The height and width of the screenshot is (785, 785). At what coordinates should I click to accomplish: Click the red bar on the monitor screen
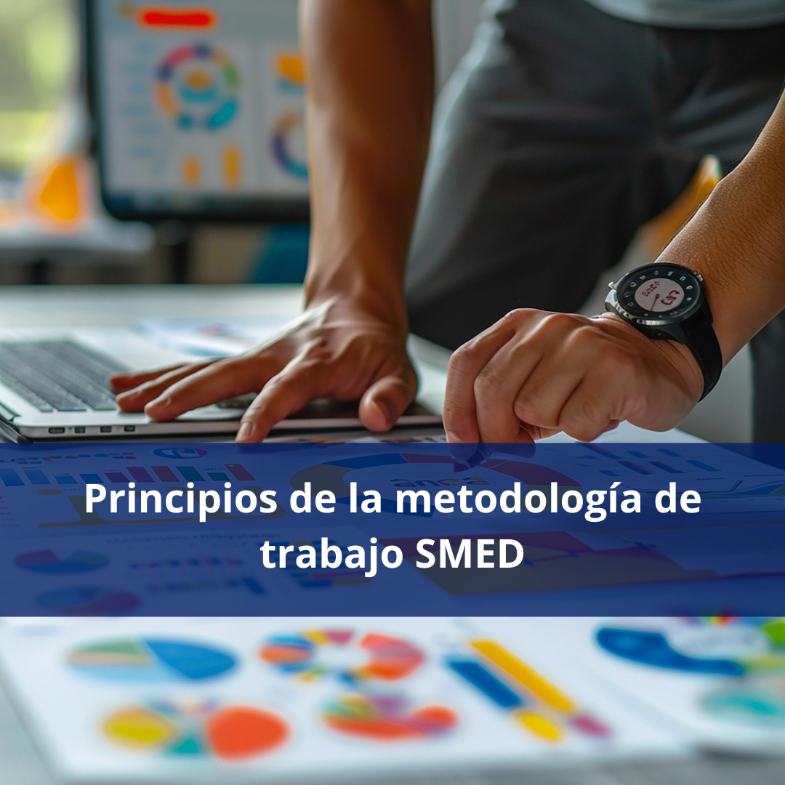[x=178, y=18]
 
